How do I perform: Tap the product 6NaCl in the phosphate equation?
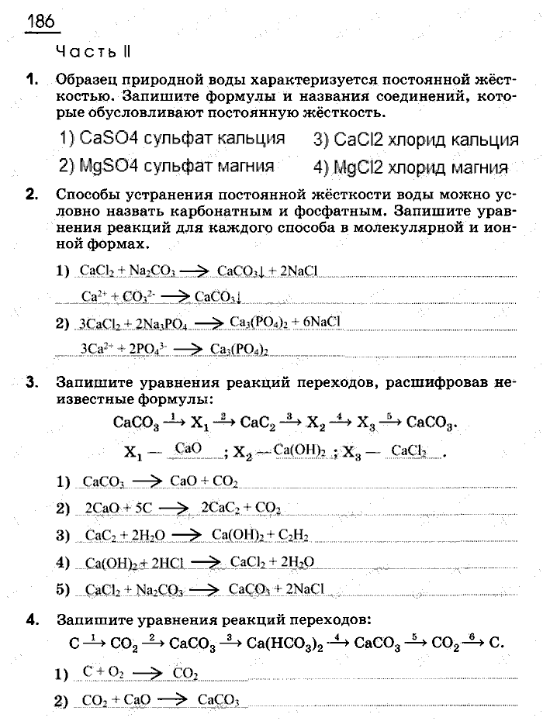coord(317,322)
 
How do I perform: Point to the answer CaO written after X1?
coord(189,449)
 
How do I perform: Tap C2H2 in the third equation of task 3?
coord(287,536)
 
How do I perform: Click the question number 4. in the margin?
coord(32,619)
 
